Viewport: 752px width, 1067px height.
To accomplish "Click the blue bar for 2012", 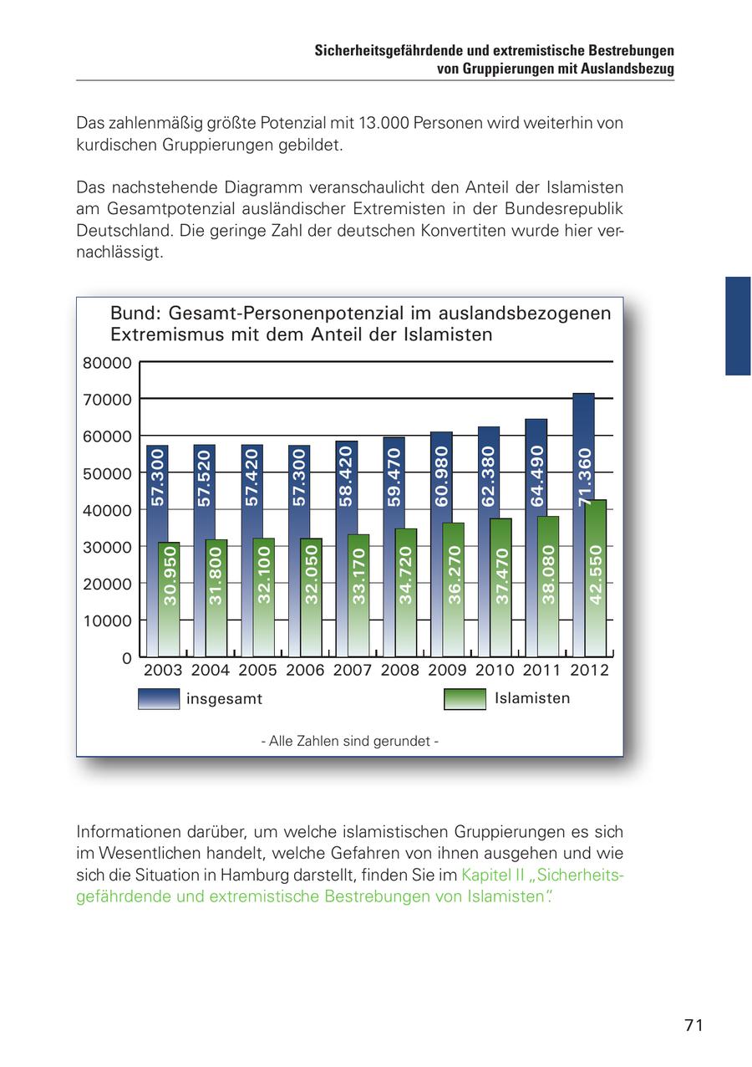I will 584,443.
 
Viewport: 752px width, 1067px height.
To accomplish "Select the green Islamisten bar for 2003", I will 170,598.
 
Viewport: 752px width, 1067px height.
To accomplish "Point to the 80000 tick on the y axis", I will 108,363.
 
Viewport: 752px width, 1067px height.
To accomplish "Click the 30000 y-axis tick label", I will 108,547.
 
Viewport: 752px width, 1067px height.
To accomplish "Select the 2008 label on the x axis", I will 399,670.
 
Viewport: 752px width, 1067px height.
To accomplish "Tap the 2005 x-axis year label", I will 257,670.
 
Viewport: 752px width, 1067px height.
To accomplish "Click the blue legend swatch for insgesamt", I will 159,698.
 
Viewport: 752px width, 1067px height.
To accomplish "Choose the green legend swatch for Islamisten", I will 465,698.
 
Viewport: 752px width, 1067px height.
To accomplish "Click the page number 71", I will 694,1025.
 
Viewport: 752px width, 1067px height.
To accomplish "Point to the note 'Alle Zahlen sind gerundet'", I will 349,741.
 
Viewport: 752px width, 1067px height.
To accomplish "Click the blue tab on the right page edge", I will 738,326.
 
